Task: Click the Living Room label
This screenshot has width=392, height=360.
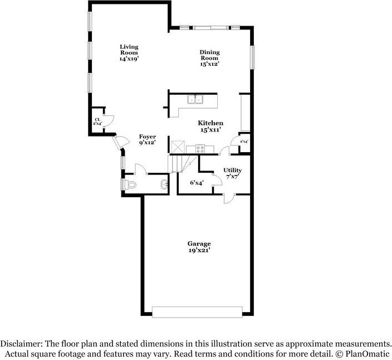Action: coord(129,53)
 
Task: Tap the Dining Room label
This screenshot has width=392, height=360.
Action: coord(209,58)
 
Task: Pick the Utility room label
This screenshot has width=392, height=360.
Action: coord(232,171)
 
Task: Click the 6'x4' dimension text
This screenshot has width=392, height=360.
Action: coord(197,182)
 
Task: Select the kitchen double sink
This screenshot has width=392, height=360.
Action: coord(195,100)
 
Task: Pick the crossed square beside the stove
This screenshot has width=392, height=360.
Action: coord(179,148)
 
